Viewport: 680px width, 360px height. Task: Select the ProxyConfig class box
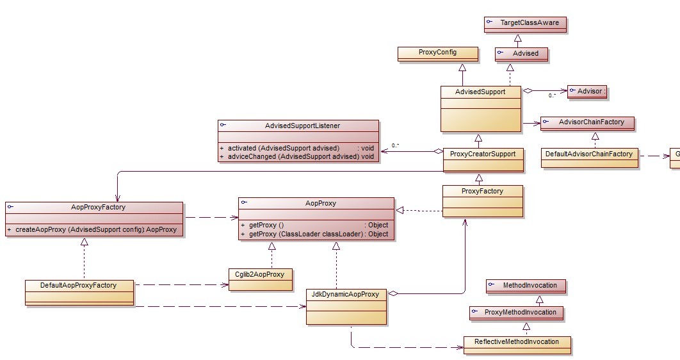click(x=437, y=53)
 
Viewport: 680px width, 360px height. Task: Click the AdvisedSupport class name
click(x=480, y=92)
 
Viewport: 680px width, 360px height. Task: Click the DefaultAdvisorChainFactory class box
click(x=589, y=154)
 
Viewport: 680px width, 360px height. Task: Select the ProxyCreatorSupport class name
click(x=482, y=154)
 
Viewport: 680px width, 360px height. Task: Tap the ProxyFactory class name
click(x=482, y=191)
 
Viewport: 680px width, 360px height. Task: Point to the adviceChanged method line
click(x=296, y=157)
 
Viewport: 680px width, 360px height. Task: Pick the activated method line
click(x=296, y=148)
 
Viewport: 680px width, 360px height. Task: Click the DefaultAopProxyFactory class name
click(x=79, y=285)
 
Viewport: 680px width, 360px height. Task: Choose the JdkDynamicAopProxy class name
click(x=345, y=295)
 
